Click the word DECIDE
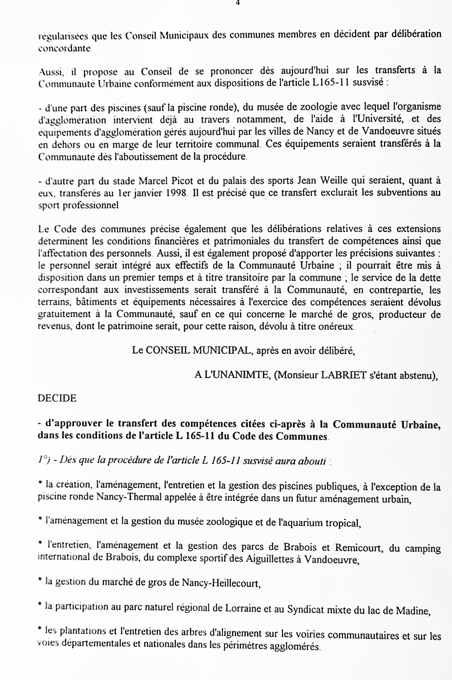point(57,398)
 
